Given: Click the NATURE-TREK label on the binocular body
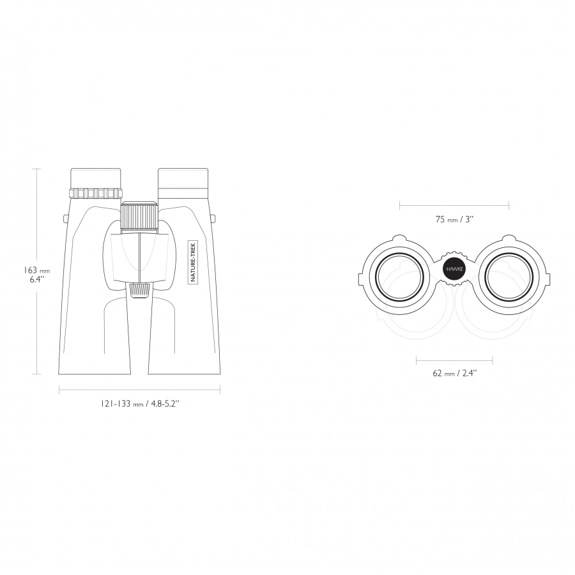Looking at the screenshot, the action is (193, 261).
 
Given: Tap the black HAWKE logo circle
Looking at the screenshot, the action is (454, 269).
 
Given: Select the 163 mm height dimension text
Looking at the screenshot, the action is (36, 270).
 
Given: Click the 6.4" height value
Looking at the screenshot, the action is (37, 279).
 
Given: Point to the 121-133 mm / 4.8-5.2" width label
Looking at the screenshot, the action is (140, 404).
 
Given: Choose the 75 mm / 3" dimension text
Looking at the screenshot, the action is (454, 219).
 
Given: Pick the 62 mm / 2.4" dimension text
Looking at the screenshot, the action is (455, 373).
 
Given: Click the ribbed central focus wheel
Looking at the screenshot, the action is (140, 216).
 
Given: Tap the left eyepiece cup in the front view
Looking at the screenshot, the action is (95, 179).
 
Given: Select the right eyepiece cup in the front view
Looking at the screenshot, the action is (183, 178).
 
